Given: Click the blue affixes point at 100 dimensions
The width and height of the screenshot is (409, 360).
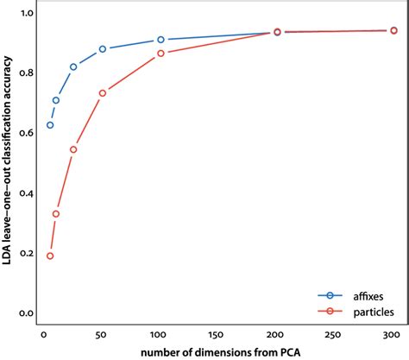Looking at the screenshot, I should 160,40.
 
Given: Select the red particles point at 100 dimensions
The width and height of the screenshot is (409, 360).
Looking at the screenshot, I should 160,54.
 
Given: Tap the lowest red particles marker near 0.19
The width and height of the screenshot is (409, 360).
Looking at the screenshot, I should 50,256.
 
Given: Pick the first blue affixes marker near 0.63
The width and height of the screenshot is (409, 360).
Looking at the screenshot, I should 50,125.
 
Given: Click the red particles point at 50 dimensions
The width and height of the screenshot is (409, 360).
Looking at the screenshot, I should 103,93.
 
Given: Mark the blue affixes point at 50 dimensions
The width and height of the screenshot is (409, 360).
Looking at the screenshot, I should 103,49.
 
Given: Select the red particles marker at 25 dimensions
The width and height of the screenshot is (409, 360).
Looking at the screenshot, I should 73,149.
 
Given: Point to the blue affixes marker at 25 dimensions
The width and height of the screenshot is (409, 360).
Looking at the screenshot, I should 73,66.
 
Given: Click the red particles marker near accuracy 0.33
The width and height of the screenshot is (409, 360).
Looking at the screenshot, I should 56,214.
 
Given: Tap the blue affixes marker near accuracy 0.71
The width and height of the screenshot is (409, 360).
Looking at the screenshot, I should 56,100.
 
